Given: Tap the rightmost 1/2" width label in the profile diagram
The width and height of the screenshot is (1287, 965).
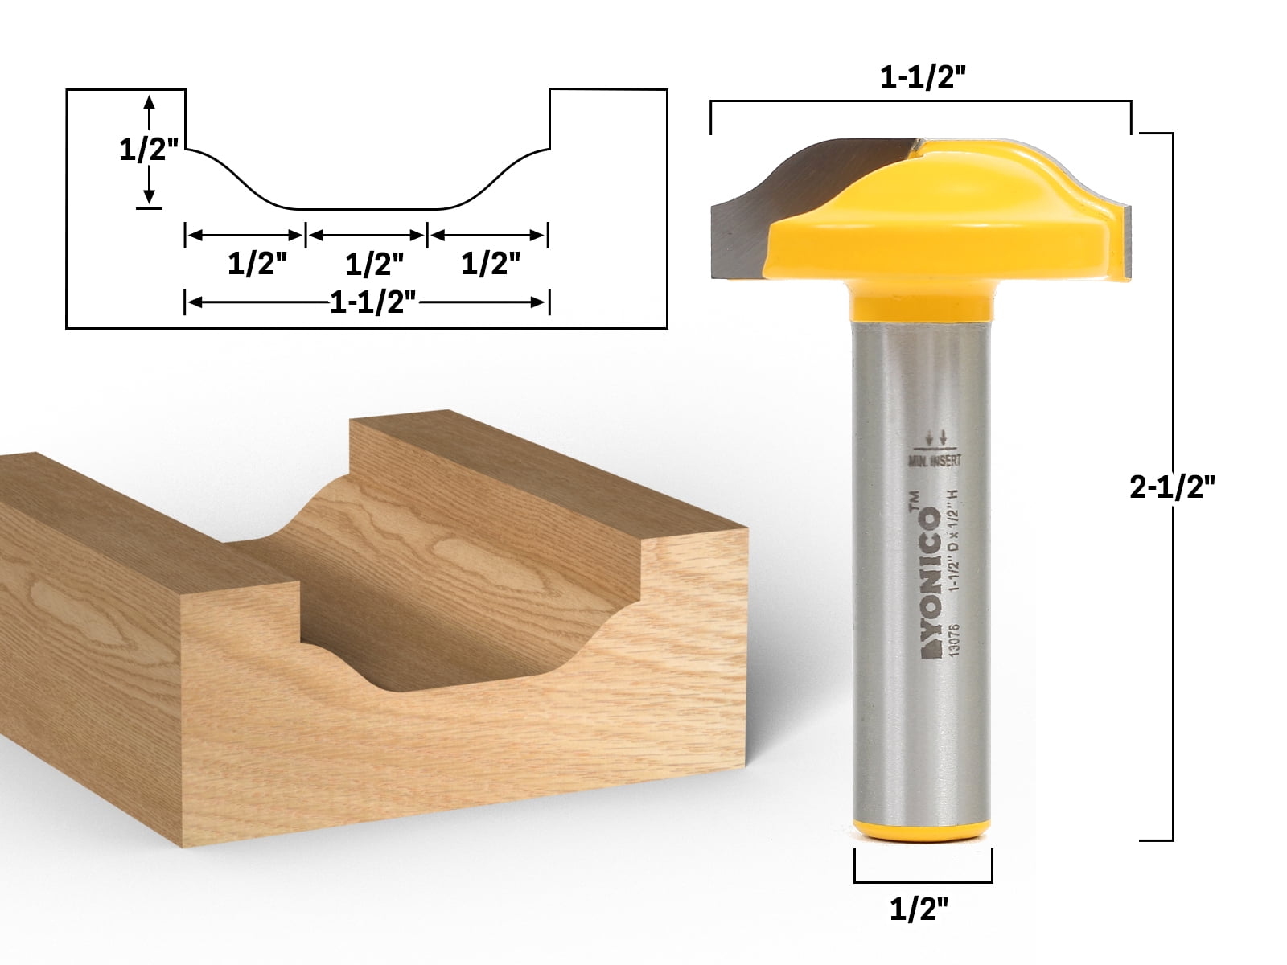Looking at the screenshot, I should (490, 263).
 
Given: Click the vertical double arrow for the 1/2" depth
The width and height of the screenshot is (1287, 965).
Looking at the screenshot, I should (149, 150).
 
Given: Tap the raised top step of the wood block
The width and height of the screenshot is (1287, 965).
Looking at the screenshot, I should (515, 474).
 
